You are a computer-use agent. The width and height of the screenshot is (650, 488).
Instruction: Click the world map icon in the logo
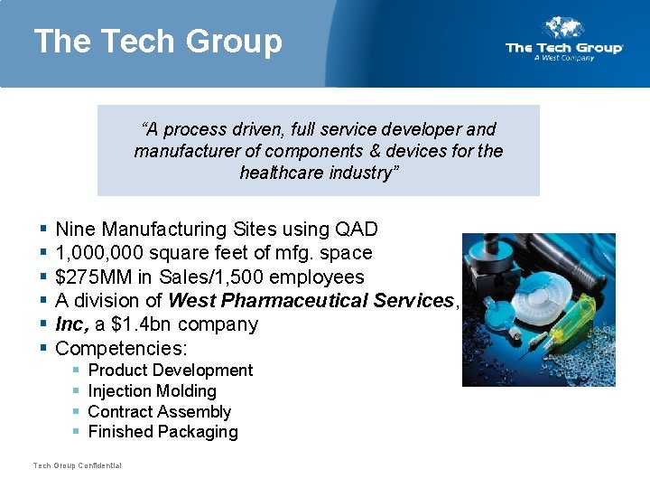pos(564,28)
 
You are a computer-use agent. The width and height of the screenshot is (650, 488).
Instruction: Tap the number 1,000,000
pos(101,253)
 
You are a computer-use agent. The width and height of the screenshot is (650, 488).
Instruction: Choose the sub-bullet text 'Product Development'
pos(171,371)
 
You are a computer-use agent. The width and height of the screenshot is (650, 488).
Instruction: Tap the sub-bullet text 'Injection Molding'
pos(153,391)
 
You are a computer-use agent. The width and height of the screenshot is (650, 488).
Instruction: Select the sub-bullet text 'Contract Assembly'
pos(160,412)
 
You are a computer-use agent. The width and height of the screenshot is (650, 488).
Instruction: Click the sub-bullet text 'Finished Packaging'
pos(163,432)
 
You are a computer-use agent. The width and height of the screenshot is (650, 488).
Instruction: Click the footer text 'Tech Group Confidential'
pos(78,465)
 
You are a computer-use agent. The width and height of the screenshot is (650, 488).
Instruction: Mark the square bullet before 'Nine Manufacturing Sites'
pos(43,230)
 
